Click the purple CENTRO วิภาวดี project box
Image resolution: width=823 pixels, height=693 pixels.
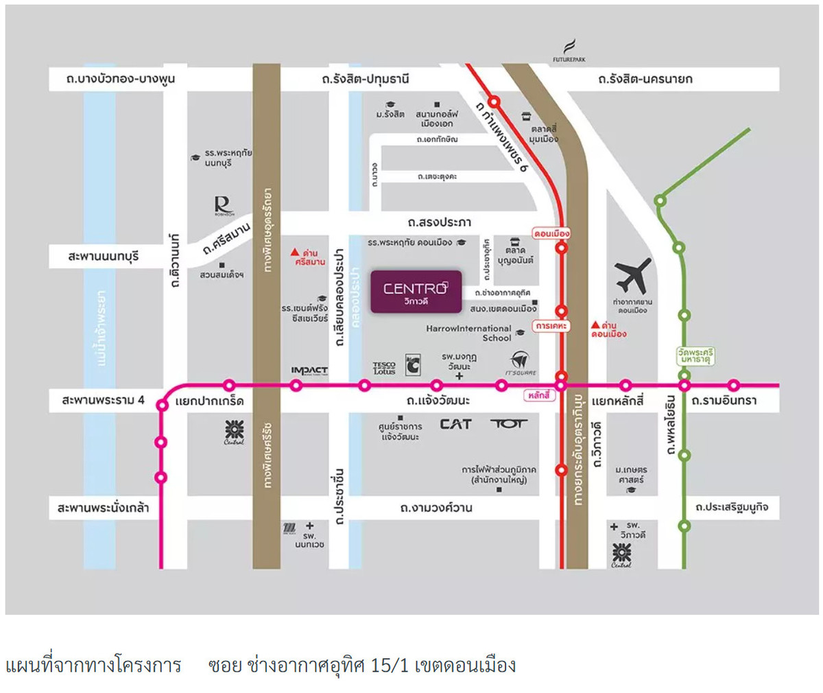416,292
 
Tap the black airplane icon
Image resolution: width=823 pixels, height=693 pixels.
633,275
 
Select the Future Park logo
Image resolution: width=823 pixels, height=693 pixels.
569,51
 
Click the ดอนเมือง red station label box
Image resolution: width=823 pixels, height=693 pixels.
551,233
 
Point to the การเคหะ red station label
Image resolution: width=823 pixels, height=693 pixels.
551,326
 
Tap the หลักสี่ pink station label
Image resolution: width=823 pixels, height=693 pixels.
539,396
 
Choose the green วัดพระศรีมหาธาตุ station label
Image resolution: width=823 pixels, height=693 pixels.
695,356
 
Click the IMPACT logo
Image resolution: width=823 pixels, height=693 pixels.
309,371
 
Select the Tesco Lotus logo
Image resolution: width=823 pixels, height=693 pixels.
384,368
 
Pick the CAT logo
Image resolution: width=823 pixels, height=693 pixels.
455,424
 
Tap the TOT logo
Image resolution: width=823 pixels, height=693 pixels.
508,423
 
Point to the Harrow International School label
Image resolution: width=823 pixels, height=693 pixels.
469,333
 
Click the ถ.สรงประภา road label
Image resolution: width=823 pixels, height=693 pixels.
439,222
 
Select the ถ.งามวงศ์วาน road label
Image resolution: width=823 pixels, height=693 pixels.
436,508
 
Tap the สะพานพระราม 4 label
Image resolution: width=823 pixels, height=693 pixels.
104,399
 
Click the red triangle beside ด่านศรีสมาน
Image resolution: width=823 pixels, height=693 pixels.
294,252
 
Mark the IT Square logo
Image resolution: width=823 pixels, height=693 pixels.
521,363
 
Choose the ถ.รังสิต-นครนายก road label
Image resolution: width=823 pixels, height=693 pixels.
645,79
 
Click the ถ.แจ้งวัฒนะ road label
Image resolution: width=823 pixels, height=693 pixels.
438,400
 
